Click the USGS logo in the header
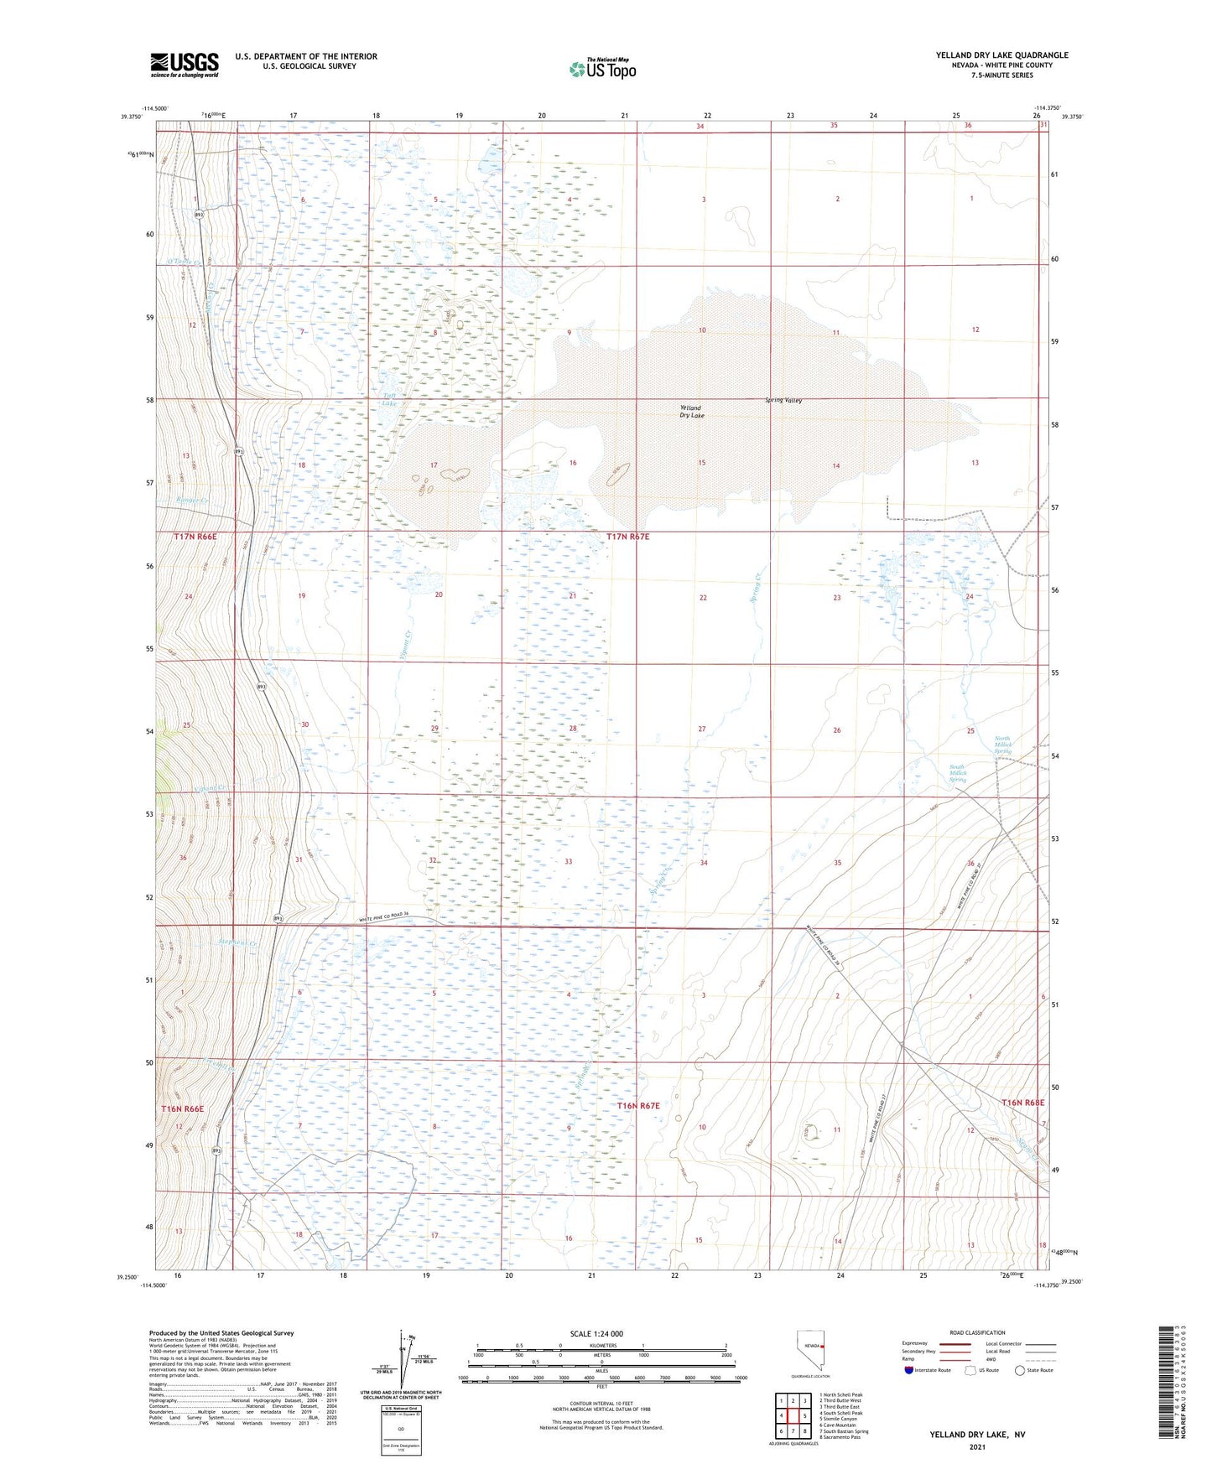[184, 64]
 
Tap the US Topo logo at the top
[601, 69]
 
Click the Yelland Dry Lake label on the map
[691, 412]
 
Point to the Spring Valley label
[783, 400]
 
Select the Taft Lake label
[389, 399]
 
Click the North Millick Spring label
[1002, 745]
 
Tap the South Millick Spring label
[957, 773]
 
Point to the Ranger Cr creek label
[191, 501]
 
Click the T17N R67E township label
[627, 536]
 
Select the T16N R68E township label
[1022, 1103]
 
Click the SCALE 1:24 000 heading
[596, 1334]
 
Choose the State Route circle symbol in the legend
[1020, 1370]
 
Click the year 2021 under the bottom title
[976, 1447]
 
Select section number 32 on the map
[432, 860]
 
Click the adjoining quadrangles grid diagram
[793, 1416]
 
